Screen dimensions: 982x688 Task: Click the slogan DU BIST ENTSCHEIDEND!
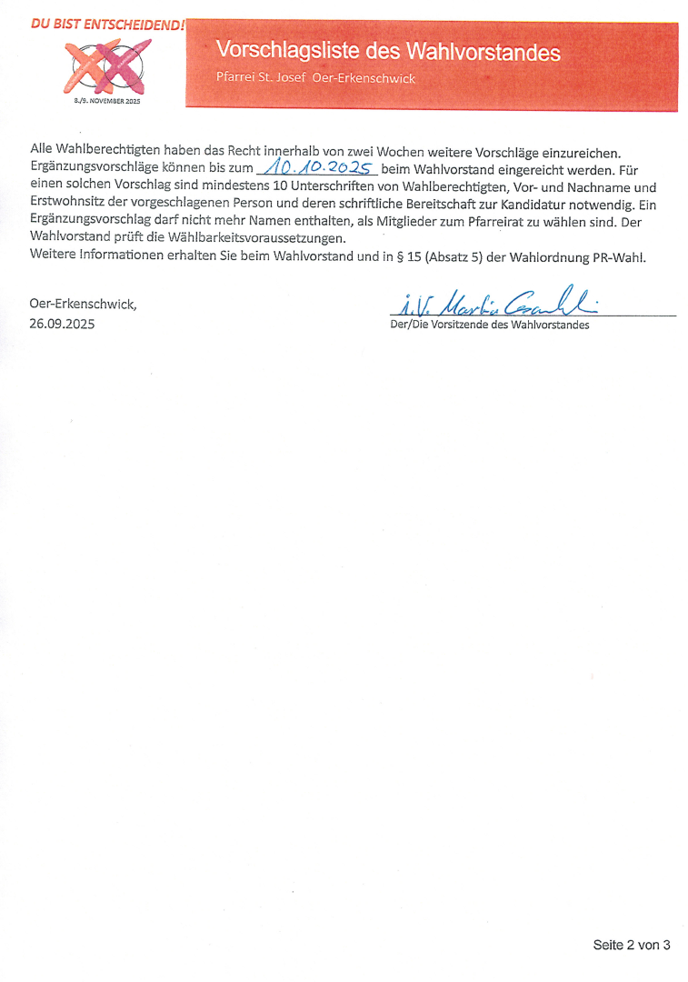click(x=107, y=25)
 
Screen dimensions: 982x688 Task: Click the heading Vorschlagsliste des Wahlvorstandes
click(x=388, y=52)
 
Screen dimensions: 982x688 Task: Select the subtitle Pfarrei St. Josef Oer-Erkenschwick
click(x=315, y=78)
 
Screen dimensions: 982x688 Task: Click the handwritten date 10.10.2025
click(x=317, y=168)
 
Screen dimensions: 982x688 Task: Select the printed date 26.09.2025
click(x=62, y=323)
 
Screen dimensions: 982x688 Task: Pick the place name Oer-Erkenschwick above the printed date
click(x=83, y=304)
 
